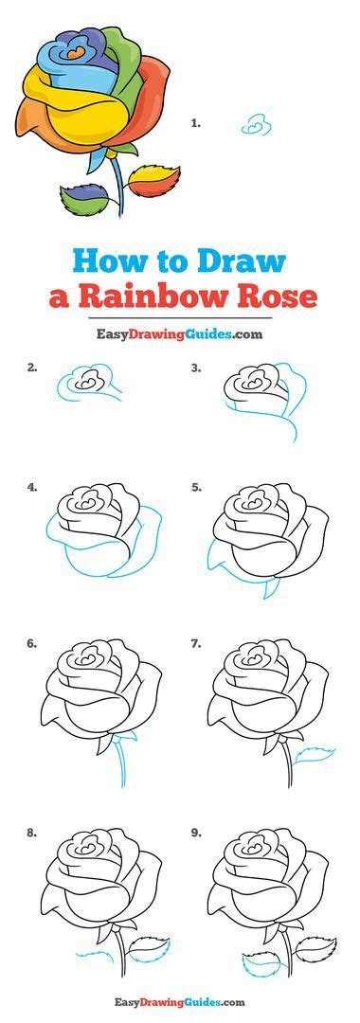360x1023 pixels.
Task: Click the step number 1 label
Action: [196, 122]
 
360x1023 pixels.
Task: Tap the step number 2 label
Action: [32, 367]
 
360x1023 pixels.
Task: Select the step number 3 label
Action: [196, 367]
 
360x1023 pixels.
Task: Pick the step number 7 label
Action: [196, 644]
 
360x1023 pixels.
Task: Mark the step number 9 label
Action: [196, 834]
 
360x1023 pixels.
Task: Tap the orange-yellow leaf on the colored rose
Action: [153, 177]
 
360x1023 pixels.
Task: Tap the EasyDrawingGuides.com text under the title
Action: [178, 333]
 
